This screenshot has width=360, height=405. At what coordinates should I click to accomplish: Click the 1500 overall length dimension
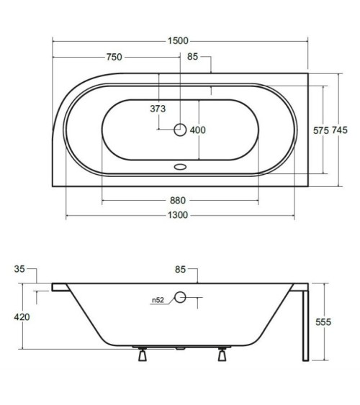[178, 41]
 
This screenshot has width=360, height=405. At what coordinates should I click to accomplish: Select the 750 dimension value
[114, 57]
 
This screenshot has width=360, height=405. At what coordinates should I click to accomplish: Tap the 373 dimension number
[158, 109]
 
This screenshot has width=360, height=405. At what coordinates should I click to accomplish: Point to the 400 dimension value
[198, 130]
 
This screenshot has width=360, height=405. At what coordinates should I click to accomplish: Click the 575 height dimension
[321, 130]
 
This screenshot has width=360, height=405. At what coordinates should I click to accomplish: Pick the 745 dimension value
[340, 130]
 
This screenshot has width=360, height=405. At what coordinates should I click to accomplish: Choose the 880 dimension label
[178, 201]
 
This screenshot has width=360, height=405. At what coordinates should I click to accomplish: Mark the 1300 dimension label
[178, 215]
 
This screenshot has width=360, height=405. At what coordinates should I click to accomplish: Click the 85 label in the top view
[192, 57]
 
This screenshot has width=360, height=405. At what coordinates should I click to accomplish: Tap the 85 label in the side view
[181, 269]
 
